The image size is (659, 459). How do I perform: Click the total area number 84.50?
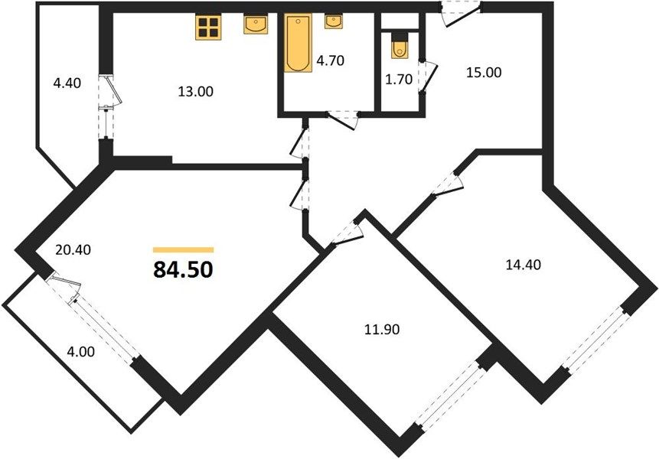(x=183, y=269)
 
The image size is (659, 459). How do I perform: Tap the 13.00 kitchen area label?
(x=195, y=92)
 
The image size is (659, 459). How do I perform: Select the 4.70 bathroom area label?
(x=331, y=61)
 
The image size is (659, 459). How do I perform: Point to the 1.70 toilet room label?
(x=399, y=79)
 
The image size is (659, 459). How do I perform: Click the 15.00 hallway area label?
(x=484, y=73)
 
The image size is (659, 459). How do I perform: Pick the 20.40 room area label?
(x=73, y=250)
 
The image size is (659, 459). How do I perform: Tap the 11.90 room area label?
(x=382, y=330)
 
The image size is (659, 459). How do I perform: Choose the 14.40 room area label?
(x=523, y=265)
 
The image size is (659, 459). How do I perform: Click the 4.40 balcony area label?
(x=67, y=83)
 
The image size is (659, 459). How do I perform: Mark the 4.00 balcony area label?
(x=80, y=351)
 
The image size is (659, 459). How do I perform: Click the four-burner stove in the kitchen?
(x=208, y=28)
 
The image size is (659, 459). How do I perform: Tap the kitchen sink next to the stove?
(x=256, y=24)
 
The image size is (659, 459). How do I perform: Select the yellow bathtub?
(x=298, y=43)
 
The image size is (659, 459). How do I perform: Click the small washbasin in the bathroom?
(x=333, y=22)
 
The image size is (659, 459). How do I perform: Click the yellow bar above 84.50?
(x=183, y=250)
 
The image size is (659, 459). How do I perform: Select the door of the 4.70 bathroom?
(x=343, y=119)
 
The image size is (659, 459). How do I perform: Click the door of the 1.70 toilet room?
(x=429, y=77)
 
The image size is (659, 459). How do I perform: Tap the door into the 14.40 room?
(x=447, y=184)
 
